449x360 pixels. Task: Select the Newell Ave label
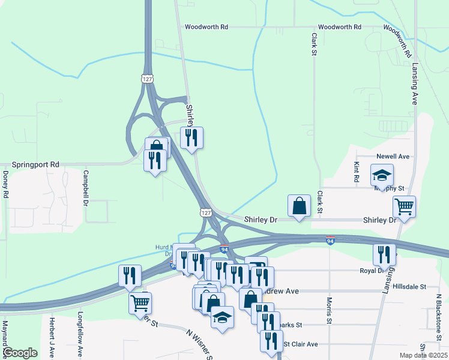393,157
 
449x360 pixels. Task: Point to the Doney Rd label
5,185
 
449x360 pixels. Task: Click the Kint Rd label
356,172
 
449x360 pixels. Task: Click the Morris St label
330,310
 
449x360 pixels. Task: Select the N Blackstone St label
439,313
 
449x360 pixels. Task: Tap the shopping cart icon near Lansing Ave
405,207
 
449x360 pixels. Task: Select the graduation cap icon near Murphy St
381,176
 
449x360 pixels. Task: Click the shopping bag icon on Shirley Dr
299,206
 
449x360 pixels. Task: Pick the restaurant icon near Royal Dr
384,254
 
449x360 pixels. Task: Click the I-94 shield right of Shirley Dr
331,241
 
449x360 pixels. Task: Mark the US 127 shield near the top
147,79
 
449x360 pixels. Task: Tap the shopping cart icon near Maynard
140,303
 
